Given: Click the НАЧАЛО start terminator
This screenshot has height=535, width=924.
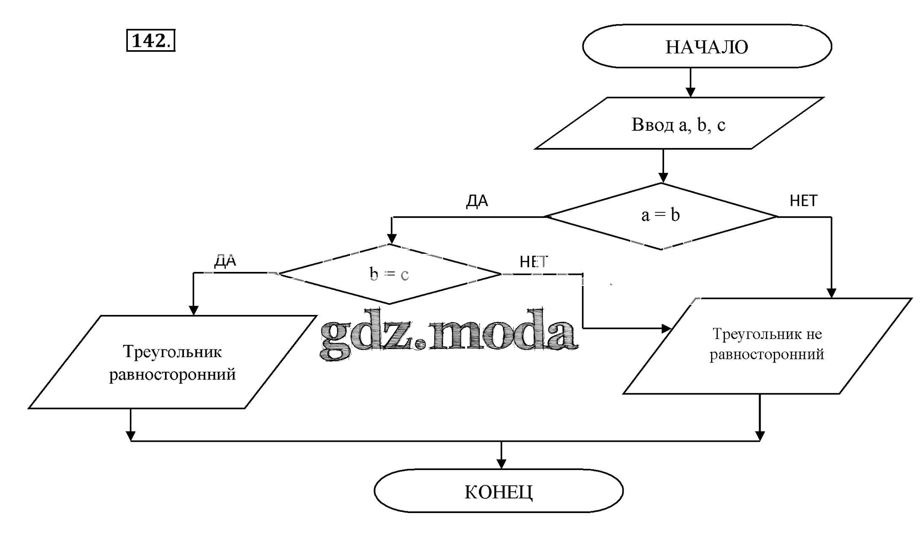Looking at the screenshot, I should click(x=707, y=46).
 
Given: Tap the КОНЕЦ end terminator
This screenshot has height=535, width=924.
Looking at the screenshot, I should click(x=498, y=491).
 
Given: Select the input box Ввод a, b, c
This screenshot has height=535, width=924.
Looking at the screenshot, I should click(x=678, y=124).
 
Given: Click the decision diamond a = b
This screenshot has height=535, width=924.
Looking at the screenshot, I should click(x=661, y=216).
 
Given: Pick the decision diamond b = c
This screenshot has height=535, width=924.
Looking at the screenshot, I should click(x=389, y=274).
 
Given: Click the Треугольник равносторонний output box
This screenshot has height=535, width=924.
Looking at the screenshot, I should click(x=172, y=363).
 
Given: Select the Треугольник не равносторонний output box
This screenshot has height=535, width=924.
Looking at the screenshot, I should click(x=767, y=345).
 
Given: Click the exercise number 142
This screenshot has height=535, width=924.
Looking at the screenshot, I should click(x=151, y=41).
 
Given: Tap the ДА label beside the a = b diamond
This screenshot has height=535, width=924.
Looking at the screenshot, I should click(x=477, y=201).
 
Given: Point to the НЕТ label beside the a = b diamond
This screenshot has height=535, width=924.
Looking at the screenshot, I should click(x=803, y=201).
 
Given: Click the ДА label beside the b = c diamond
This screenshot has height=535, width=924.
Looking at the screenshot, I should click(x=225, y=261).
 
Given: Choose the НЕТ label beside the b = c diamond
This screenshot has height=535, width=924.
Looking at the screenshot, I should click(x=533, y=262).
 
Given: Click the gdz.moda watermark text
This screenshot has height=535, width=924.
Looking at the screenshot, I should click(x=448, y=334).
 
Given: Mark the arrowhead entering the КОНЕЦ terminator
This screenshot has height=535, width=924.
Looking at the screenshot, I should click(x=501, y=464).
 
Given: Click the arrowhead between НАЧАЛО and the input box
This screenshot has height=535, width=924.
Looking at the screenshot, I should click(x=690, y=92).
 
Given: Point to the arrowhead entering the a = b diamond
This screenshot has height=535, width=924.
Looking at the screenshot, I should click(x=663, y=177).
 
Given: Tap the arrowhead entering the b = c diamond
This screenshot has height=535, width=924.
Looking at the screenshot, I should click(x=392, y=239).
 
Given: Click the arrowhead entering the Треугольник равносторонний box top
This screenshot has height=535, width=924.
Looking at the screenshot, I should click(x=193, y=310).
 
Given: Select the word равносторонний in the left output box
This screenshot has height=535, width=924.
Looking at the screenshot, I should click(x=172, y=374).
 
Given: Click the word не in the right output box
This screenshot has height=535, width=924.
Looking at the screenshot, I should click(x=814, y=334).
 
